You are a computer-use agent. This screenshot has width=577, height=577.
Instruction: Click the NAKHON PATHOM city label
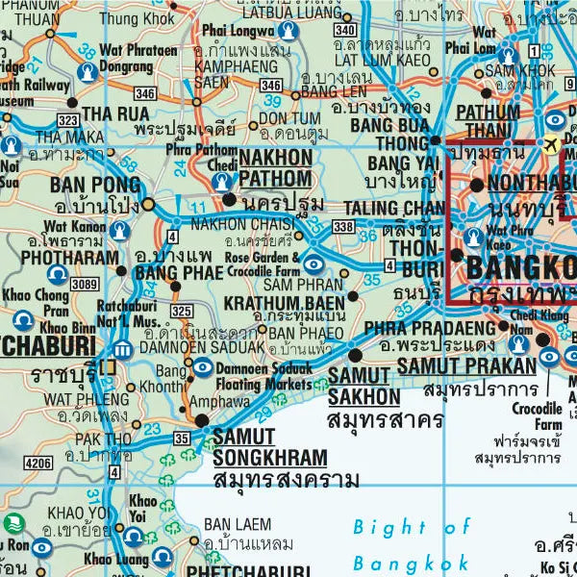tap(275, 167)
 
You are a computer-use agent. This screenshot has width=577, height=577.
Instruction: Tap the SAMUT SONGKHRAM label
tap(269, 447)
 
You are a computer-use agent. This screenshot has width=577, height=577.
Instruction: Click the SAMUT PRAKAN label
tap(465, 366)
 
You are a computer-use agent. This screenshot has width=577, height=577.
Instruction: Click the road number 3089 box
tap(85, 284)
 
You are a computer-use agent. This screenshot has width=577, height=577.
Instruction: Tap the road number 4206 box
tap(38, 463)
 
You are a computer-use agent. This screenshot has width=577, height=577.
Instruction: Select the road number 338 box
tap(343, 225)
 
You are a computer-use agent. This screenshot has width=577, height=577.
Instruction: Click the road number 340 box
tap(345, 32)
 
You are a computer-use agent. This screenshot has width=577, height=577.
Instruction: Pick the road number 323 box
tap(67, 121)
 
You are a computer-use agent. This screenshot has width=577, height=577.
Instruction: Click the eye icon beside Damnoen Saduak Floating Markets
tap(203, 367)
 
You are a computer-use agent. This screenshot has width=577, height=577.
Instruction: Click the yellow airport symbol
tap(551, 144)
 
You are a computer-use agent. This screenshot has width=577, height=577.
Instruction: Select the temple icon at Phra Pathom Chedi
tap(223, 181)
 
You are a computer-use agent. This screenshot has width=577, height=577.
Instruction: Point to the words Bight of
tap(413, 526)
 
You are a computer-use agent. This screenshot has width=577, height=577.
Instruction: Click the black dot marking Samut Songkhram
tap(201, 421)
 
